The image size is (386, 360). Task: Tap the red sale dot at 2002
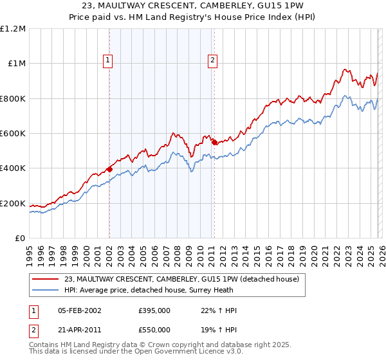[x=109, y=169]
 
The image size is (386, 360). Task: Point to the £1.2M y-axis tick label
[x=13, y=29]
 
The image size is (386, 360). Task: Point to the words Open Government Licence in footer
[x=172, y=352]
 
